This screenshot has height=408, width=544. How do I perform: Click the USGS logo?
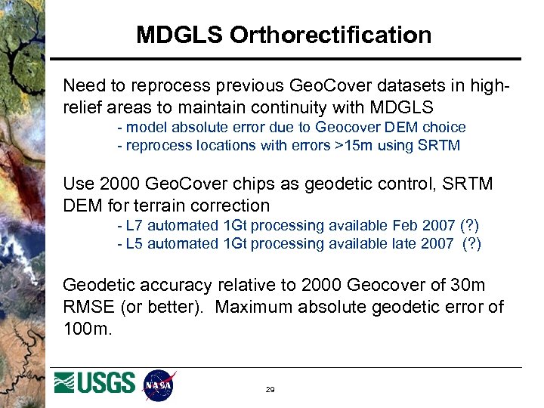click(x=95, y=385)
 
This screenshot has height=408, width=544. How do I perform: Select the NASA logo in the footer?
click(x=159, y=385)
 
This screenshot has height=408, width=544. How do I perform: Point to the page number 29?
click(x=270, y=390)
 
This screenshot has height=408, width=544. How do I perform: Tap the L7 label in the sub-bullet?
click(x=134, y=225)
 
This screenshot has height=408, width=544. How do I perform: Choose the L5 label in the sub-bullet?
click(x=134, y=243)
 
